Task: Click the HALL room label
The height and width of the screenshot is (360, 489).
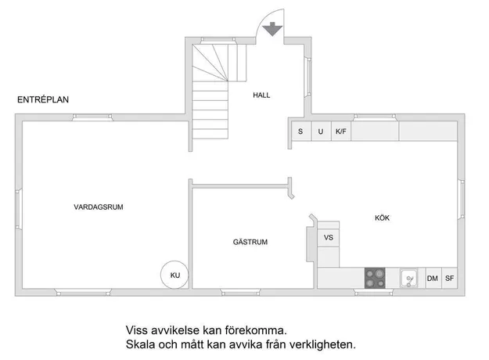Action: tap(261, 95)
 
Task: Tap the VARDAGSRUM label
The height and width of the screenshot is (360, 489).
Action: tap(99, 207)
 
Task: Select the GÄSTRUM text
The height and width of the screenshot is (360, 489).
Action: tap(250, 242)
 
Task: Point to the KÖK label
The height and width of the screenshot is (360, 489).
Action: tap(382, 218)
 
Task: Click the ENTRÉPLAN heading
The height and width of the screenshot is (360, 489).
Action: tap(43, 99)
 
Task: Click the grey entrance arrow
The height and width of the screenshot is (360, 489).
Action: tap(272, 29)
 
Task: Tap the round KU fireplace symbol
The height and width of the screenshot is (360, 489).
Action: tap(174, 275)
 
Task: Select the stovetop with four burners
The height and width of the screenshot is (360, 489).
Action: tap(375, 278)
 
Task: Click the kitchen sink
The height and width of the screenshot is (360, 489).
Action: tap(409, 278)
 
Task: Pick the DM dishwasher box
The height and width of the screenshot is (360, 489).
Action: tap(433, 278)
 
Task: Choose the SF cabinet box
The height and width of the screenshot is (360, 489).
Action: tap(449, 278)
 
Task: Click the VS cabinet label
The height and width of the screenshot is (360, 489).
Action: tap(329, 237)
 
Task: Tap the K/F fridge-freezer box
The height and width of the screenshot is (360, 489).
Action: tap(341, 131)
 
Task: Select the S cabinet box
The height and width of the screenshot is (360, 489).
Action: tap(301, 131)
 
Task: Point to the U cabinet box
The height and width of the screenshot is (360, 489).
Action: tap(322, 131)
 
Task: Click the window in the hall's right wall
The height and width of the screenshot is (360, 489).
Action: tap(308, 77)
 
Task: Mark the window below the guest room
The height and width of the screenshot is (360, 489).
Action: tap(240, 293)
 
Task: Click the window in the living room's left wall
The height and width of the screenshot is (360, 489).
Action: tap(19, 209)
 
